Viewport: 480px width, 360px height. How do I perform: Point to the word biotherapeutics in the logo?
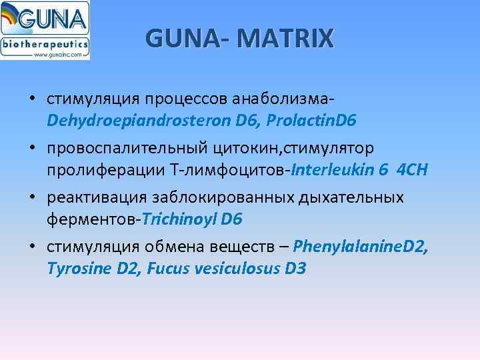coord(45,43)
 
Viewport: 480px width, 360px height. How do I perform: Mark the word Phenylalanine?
coord(347,247)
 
